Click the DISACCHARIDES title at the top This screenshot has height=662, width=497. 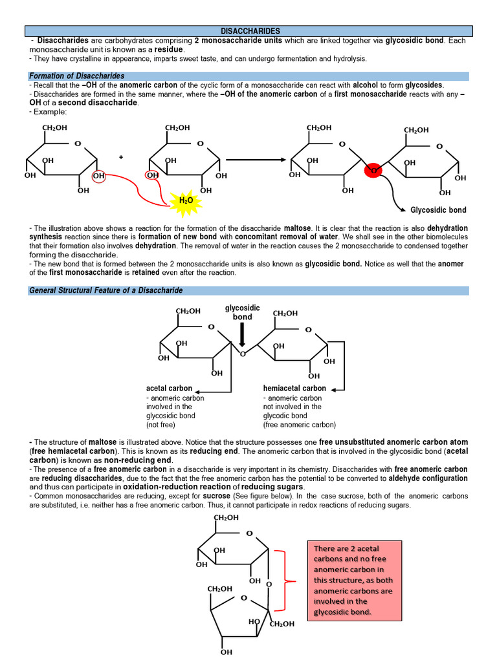[x=250, y=30]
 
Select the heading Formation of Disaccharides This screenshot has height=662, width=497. [x=77, y=76]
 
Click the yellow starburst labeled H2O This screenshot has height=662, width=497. [x=186, y=201]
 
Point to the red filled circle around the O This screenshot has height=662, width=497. [x=373, y=171]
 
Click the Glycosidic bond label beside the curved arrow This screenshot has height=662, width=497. [x=438, y=210]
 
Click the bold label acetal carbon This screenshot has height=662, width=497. [x=169, y=389]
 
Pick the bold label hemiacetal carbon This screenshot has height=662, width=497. [x=294, y=389]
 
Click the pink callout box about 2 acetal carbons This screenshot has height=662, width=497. [x=355, y=580]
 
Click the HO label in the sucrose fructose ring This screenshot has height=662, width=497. [x=254, y=621]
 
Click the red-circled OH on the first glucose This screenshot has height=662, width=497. [x=98, y=176]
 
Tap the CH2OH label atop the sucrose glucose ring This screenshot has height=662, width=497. [x=226, y=518]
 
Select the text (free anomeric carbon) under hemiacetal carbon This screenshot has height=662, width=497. [x=299, y=425]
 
